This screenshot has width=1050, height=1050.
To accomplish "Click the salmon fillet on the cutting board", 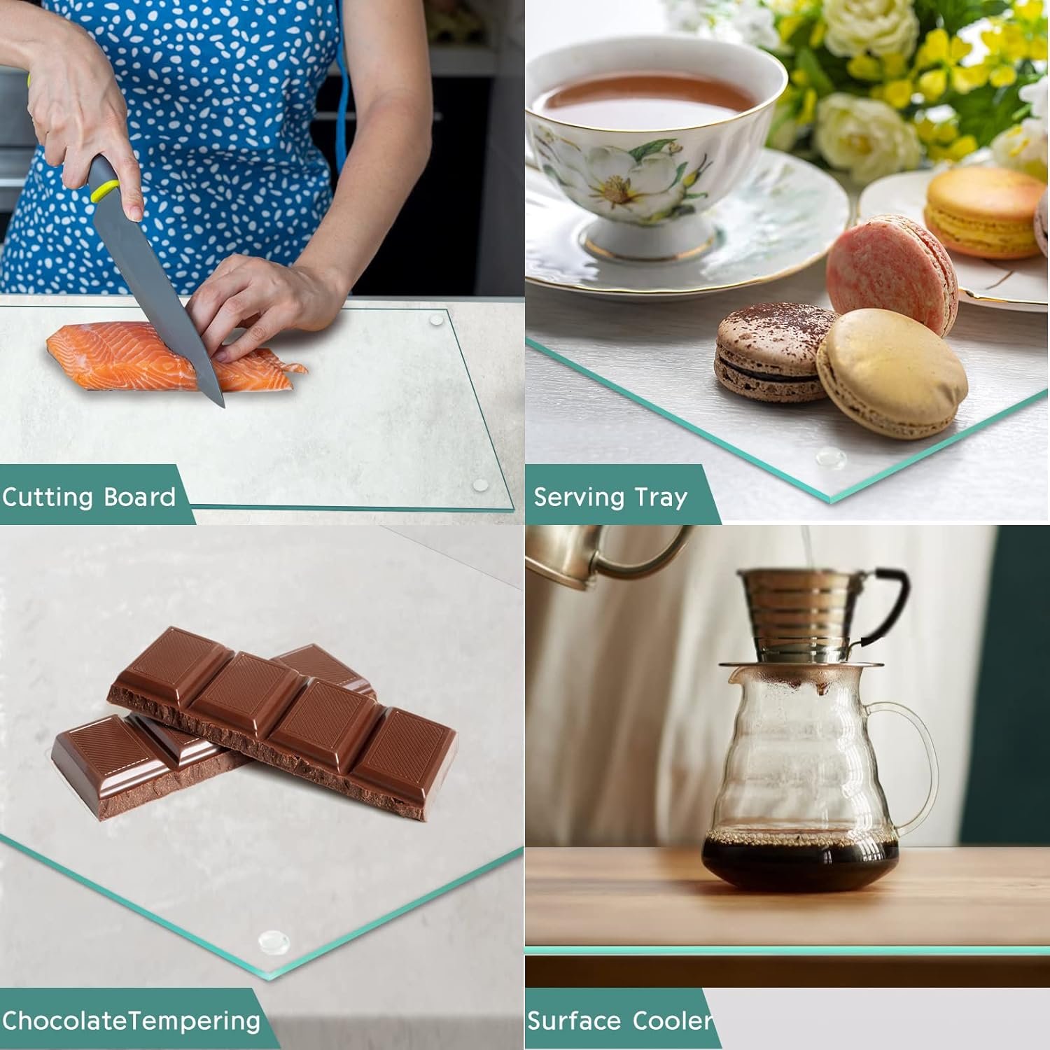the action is (168, 357).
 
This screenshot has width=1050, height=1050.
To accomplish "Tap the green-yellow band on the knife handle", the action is (106, 190).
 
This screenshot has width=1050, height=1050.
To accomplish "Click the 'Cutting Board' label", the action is (89, 497).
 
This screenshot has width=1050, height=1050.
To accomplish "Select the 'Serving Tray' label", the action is (610, 498).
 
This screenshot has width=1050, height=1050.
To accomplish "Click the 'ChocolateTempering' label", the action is (131, 1021).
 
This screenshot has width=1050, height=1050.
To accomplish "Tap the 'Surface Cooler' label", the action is (620, 1021).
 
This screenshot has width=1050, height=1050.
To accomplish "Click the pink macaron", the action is (891, 274).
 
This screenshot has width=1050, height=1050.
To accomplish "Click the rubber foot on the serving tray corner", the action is (830, 456).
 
